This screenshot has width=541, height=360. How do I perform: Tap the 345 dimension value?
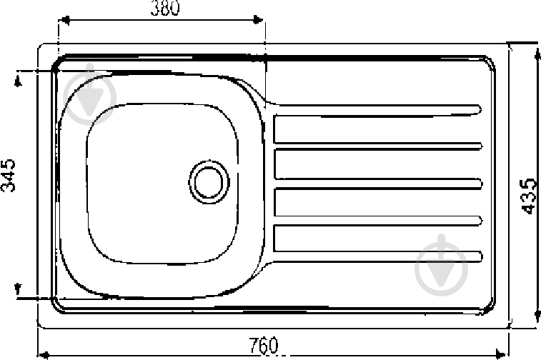point(9,175)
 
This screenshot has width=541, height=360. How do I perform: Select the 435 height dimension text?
point(529,194)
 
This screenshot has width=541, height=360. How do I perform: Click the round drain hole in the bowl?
point(209,180)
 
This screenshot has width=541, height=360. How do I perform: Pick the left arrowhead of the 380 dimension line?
point(61,21)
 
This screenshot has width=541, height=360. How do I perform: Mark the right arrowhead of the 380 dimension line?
point(261,21)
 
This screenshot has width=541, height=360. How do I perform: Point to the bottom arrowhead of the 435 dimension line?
point(536,324)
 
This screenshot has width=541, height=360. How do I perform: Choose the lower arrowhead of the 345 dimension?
point(19,289)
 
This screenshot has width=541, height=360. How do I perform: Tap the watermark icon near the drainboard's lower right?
point(441,262)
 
